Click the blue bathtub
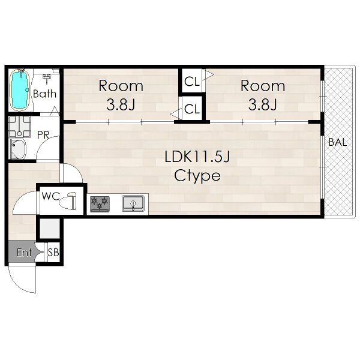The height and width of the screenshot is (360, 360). click(20, 90)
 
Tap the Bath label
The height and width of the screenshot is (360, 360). click(44, 94)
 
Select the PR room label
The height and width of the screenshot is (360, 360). click(43, 135)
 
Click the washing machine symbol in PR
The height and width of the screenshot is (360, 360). click(20, 127)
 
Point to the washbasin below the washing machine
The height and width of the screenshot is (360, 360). click(17, 149)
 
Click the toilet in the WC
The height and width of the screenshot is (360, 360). click(68, 200)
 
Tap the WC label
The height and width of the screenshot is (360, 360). click(51, 196)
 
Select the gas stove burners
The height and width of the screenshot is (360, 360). click(100, 204)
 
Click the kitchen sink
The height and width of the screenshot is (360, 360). click(133, 203)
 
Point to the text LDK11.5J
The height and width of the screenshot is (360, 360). click(197, 157)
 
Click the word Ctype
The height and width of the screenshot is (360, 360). click(197, 176)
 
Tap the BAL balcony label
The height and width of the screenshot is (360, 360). click(337, 142)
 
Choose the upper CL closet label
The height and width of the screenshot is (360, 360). click(192, 82)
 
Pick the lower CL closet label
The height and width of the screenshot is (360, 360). click(192, 109)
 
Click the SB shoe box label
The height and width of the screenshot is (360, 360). click(53, 253)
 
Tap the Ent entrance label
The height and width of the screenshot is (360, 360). click(24, 253)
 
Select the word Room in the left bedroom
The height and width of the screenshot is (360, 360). click(121, 86)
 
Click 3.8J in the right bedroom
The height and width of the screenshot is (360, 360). click(263, 104)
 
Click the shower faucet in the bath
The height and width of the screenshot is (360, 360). click(47, 78)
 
